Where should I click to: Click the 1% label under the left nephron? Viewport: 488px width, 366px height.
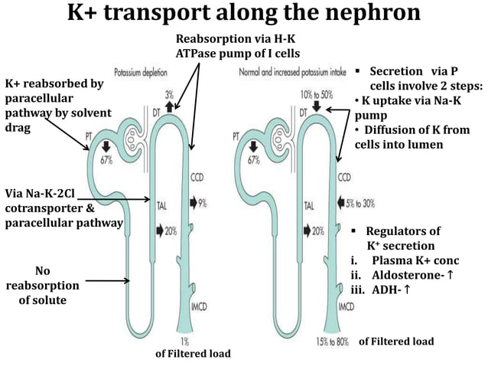(184, 340)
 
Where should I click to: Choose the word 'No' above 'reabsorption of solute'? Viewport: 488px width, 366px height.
(43, 270)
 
